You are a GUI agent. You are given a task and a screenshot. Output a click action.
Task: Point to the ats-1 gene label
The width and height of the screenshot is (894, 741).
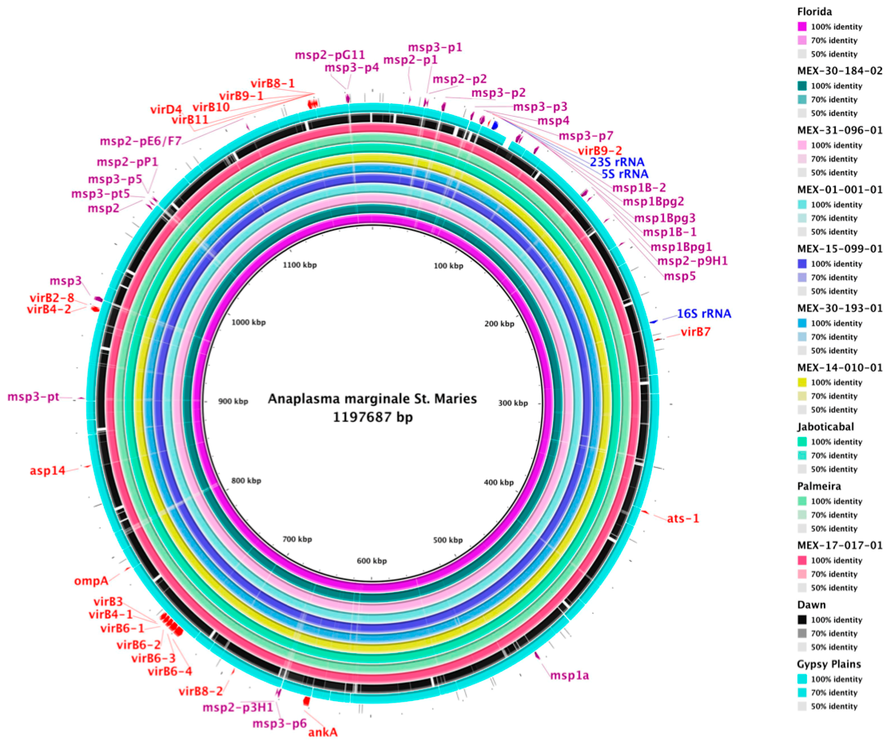coord(683,518)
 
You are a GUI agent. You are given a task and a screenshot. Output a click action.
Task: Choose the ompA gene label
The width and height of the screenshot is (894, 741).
coord(91,581)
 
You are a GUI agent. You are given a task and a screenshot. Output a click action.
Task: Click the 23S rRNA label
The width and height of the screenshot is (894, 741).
coord(617,162)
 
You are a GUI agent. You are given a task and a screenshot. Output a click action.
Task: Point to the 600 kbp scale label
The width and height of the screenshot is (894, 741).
coord(372,561)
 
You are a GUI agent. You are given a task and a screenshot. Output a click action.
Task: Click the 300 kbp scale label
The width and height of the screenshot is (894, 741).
coord(513,403)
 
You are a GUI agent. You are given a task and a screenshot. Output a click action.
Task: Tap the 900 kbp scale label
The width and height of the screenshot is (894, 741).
coord(233,401)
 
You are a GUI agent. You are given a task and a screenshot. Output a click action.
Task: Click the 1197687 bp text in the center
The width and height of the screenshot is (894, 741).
coord(372,417)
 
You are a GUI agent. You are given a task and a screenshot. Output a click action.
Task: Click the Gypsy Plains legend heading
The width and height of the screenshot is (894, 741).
coord(829,664)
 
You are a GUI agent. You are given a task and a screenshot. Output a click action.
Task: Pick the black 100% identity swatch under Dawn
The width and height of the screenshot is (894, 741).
coord(802,620)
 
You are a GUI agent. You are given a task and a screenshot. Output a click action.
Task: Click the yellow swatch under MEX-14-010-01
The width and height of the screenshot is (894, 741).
coord(802,382)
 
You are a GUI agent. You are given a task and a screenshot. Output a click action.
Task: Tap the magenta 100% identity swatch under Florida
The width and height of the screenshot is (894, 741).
coord(802,26)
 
